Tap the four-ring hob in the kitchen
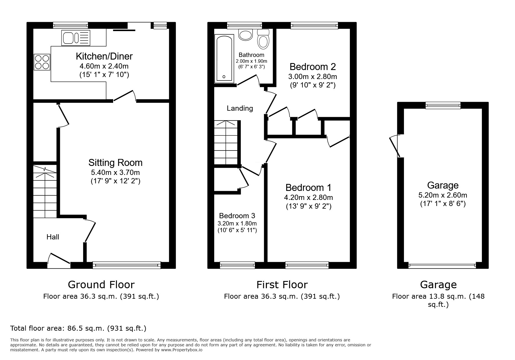tap(42, 62)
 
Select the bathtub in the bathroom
tap(224, 58)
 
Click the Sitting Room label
tap(115, 162)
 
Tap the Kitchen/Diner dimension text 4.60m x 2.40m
tap(104, 66)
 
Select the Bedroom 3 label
tap(237, 216)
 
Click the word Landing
tap(240, 108)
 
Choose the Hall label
tap(53, 237)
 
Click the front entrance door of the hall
tap(59, 261)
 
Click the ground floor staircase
tap(45, 192)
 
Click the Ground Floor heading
tap(101, 284)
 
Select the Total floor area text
tap(78, 328)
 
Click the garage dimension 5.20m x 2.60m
tap(443, 195)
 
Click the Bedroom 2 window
tap(314, 26)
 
